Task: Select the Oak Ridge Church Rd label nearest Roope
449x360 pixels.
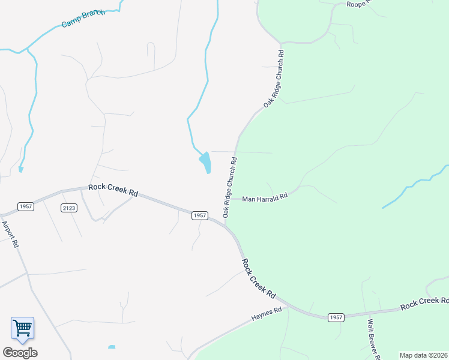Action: [x=274, y=79]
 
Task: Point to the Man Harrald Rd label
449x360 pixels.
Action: [x=265, y=197]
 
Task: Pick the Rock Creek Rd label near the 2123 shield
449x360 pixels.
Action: [x=113, y=190]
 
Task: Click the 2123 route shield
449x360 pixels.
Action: [x=68, y=208]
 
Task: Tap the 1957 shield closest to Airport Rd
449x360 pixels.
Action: [x=26, y=206]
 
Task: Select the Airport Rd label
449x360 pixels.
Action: [x=10, y=235]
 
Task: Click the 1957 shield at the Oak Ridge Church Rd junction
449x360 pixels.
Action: [x=200, y=215]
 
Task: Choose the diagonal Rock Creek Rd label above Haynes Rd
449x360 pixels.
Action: [x=259, y=279]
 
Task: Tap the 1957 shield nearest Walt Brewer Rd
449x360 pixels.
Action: [x=336, y=317]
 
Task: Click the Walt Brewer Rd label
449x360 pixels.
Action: [x=373, y=338]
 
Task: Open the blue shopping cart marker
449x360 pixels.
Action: [x=22, y=328]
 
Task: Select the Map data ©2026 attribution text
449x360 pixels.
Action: [x=423, y=355]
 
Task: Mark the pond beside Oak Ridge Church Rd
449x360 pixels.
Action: [x=206, y=161]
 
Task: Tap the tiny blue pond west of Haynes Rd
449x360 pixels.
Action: [x=112, y=347]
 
